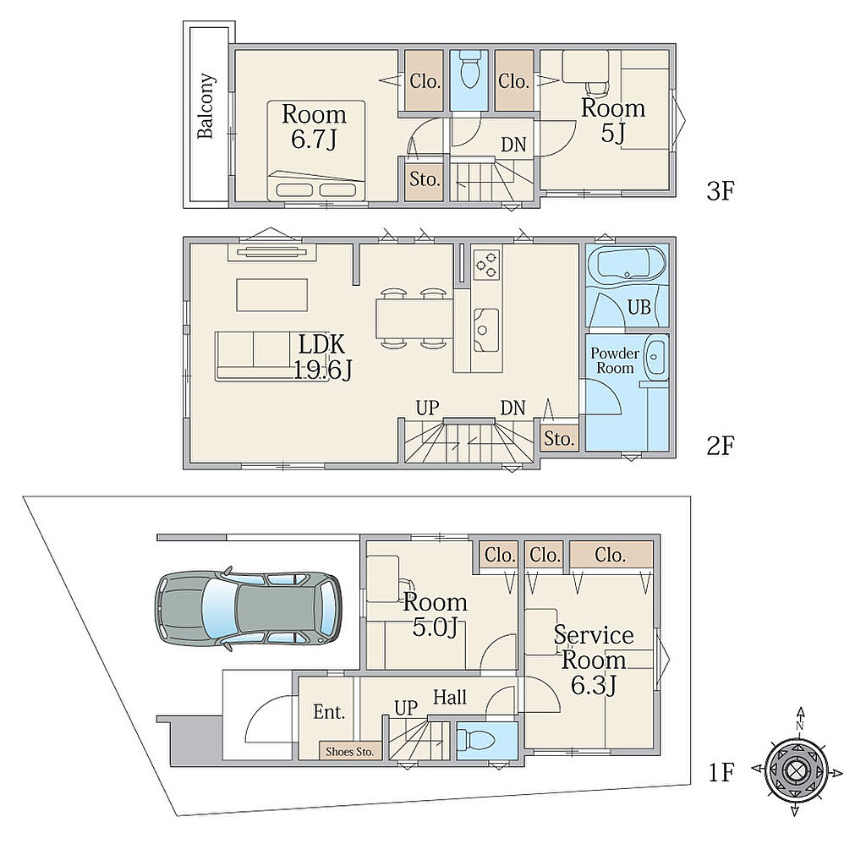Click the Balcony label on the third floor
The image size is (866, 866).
pyautogui.click(x=206, y=106)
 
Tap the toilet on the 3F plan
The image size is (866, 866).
pyautogui.click(x=468, y=71)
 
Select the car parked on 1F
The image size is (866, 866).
pyautogui.click(x=248, y=609)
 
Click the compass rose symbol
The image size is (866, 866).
pyautogui.click(x=796, y=770)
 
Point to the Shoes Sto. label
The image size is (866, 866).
pyautogui.click(x=349, y=751)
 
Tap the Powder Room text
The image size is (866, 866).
pyautogui.click(x=615, y=360)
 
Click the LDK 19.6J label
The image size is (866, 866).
pyautogui.click(x=322, y=357)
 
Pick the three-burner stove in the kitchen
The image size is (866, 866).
pyautogui.click(x=486, y=264)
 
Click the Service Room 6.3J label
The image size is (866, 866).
pyautogui.click(x=594, y=660)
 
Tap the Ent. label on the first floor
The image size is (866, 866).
pyautogui.click(x=329, y=712)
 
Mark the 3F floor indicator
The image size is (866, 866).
pyautogui.click(x=721, y=191)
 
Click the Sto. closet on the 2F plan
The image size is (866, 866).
pyautogui.click(x=560, y=439)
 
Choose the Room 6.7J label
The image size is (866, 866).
pyautogui.click(x=315, y=126)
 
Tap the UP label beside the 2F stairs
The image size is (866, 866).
pyautogui.click(x=427, y=408)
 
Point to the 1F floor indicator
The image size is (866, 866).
pyautogui.click(x=721, y=772)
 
